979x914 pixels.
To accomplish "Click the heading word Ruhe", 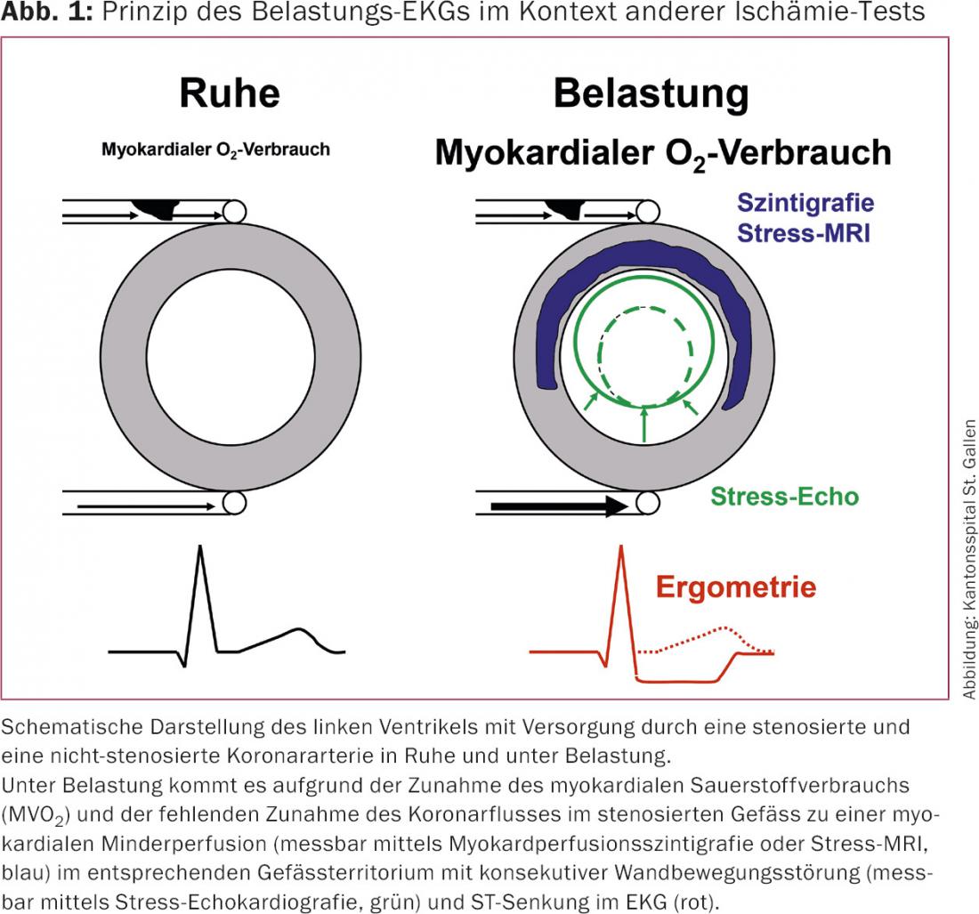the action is coord(230,93).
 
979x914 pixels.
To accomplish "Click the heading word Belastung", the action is coord(651,94).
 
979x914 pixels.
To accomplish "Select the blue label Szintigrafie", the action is coord(805,203).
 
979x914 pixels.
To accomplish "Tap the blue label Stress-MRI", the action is coord(804,233).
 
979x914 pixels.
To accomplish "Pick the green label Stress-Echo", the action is coord(785,497).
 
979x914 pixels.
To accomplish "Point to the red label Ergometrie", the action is coord(736,586).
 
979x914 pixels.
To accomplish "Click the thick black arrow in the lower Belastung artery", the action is coord(560,506).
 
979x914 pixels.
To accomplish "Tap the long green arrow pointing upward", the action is coord(644,425).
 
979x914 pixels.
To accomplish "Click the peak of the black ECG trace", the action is coord(199,547).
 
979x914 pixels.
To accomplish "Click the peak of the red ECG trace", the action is coord(621,547).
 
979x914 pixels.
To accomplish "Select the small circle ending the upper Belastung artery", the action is coord(649,212).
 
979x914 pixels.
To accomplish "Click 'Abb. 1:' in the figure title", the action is coord(47,12).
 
